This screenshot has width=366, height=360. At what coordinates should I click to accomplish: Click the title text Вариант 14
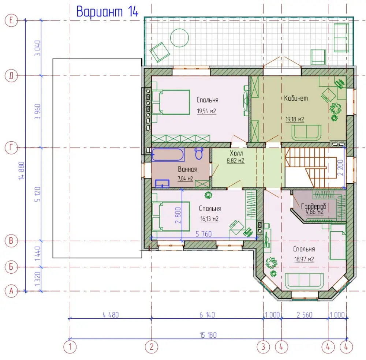(x=107, y=11)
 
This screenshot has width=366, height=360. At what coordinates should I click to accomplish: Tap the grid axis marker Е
(x=11, y=20)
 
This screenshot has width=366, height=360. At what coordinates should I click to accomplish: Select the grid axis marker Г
(x=11, y=148)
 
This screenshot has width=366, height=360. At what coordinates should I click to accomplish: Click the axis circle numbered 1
(x=70, y=347)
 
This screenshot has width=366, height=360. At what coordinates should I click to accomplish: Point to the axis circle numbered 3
(x=263, y=347)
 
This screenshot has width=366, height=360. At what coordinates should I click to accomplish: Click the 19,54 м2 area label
(x=206, y=111)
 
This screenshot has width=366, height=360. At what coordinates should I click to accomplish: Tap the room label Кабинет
(x=296, y=98)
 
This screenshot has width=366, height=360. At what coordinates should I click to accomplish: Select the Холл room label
(x=236, y=153)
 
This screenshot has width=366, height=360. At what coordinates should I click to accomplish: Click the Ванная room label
(x=187, y=169)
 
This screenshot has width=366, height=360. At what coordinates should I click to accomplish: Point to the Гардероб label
(x=314, y=206)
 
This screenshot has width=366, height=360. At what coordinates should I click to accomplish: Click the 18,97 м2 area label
(x=304, y=259)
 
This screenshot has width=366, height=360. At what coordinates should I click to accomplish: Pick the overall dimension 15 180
(x=208, y=335)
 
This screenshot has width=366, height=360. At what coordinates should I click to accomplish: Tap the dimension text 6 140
(x=207, y=315)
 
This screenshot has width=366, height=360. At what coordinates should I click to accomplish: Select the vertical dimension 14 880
(x=21, y=170)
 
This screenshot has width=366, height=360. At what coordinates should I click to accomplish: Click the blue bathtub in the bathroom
(x=168, y=155)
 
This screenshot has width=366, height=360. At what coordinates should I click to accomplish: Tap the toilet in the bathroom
(x=199, y=153)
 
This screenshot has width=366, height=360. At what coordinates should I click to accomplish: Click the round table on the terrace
(x=179, y=38)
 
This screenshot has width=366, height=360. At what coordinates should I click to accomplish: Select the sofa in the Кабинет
(x=306, y=133)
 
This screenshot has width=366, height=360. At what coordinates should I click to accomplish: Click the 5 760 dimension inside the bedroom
(x=203, y=234)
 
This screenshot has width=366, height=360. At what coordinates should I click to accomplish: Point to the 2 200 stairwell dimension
(x=340, y=168)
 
